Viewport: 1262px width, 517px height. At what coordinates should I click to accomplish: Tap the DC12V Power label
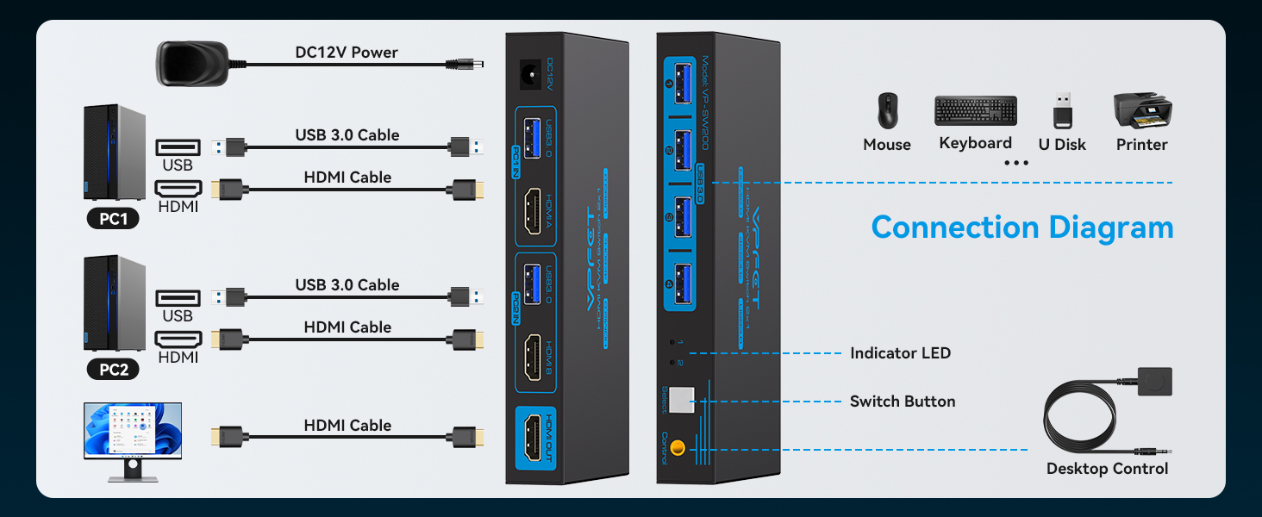tap(347, 53)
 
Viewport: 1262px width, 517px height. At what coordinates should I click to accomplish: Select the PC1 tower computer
tap(114, 153)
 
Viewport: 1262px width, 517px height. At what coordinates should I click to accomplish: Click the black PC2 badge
tap(113, 370)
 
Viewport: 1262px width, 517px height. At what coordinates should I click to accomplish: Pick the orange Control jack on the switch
tap(678, 448)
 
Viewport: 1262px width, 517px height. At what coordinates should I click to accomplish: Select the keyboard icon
tap(975, 111)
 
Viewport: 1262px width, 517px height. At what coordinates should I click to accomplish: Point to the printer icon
tap(1142, 110)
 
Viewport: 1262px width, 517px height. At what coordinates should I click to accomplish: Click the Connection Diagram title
tap(1022, 227)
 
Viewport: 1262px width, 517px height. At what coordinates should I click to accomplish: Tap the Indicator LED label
tap(900, 353)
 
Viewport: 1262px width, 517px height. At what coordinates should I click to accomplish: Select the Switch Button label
tap(903, 402)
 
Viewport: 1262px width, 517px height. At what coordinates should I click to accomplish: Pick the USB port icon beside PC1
tap(178, 147)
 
